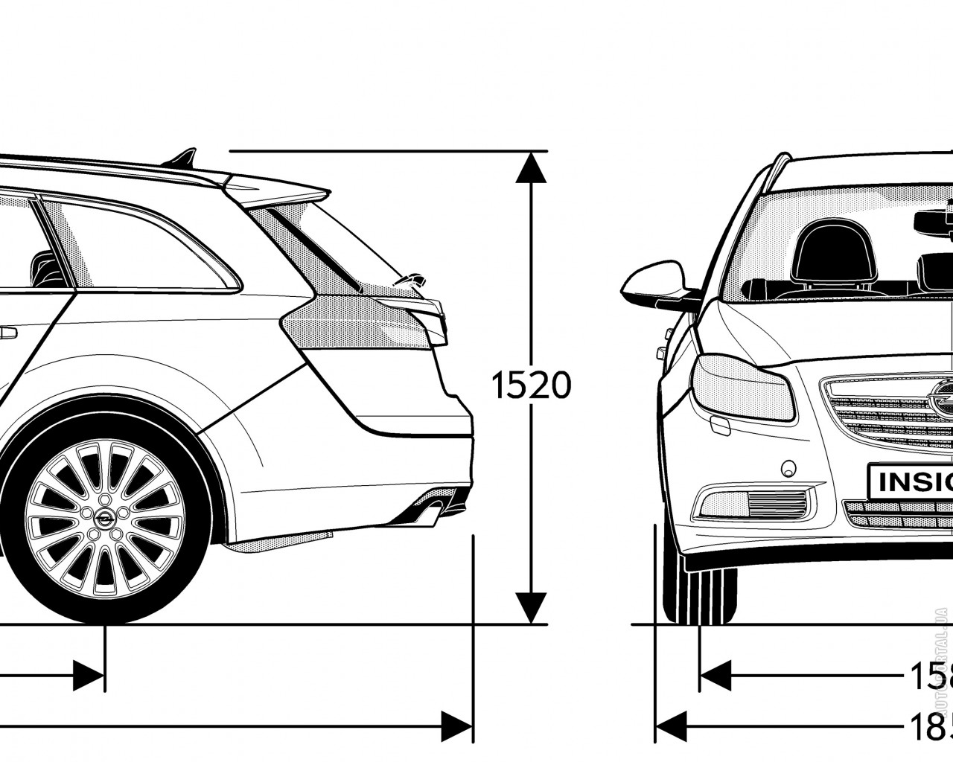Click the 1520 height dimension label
click(x=531, y=385)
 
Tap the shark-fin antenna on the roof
click(x=183, y=158)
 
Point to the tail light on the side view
click(x=365, y=320)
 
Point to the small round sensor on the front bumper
click(x=786, y=469)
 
